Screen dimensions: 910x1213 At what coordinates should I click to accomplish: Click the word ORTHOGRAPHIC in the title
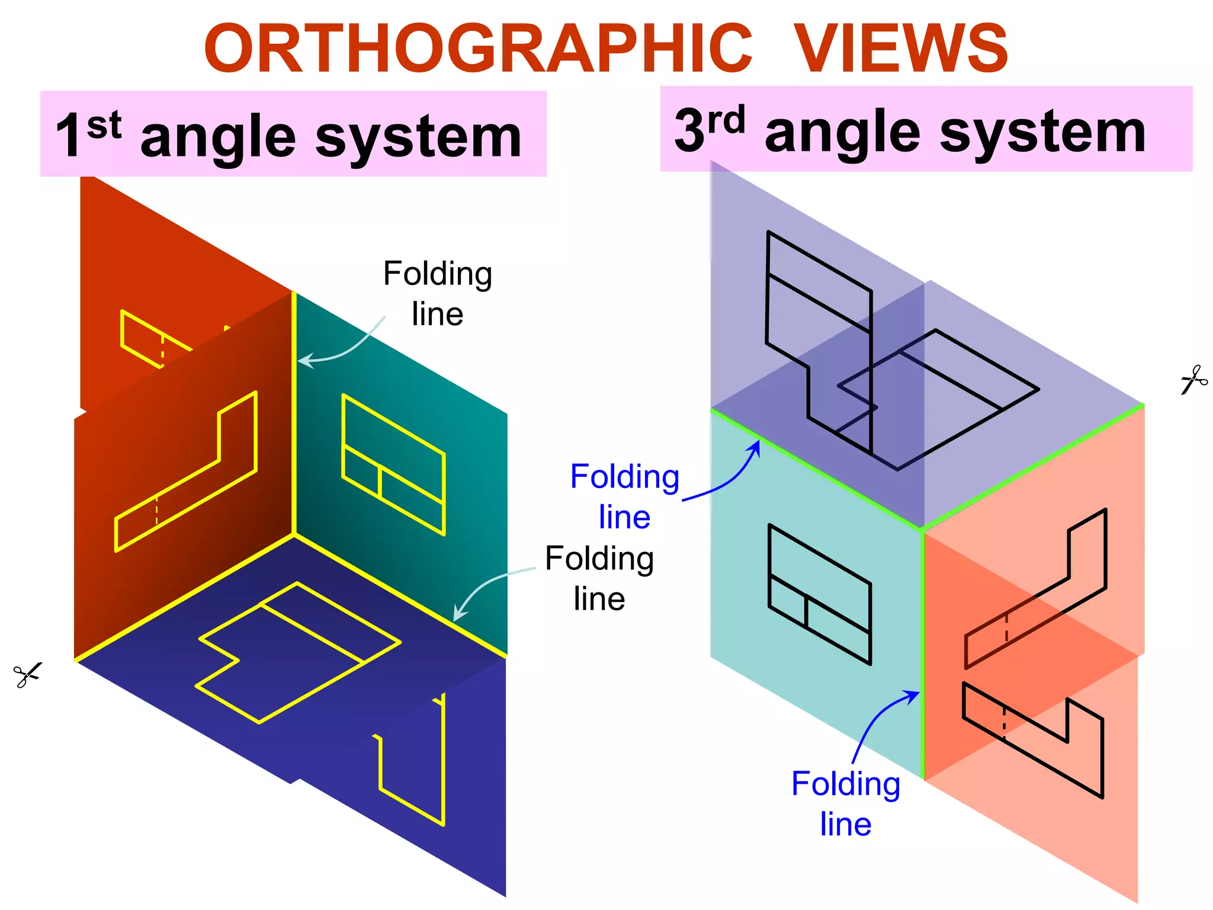(x=477, y=49)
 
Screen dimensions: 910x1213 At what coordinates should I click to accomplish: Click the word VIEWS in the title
(x=900, y=49)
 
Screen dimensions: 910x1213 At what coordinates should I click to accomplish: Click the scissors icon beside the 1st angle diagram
(x=27, y=675)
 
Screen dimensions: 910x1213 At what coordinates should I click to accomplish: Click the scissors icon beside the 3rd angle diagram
(x=1193, y=380)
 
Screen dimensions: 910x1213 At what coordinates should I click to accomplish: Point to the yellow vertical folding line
(x=294, y=415)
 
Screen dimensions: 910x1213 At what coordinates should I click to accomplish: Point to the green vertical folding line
(x=923, y=652)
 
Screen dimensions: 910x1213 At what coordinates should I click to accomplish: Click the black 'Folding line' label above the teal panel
(x=438, y=294)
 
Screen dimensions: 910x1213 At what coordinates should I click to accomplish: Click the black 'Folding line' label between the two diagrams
(x=599, y=578)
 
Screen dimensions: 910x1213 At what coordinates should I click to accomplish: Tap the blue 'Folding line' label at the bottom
(x=846, y=803)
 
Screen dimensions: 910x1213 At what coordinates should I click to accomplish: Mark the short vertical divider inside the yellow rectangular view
(x=379, y=481)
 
